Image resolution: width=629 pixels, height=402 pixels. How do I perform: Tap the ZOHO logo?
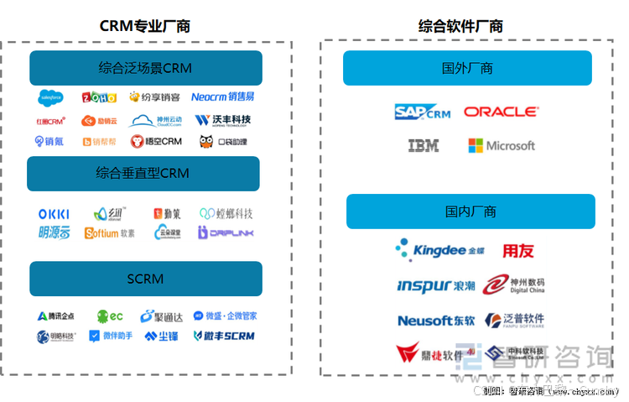[x=99, y=97]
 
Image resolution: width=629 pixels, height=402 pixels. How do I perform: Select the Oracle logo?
[x=501, y=112]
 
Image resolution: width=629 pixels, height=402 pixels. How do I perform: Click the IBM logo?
[x=424, y=145]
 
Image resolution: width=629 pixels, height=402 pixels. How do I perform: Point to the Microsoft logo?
[x=502, y=145]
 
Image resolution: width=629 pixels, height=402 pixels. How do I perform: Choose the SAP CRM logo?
[x=423, y=112]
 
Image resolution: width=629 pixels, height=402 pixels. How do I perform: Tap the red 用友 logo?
[x=517, y=251]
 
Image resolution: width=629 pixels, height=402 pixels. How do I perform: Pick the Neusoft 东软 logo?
[x=435, y=320]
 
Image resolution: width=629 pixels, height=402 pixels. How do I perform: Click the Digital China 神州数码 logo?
[x=513, y=285]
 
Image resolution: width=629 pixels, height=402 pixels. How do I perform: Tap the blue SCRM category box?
[x=145, y=279]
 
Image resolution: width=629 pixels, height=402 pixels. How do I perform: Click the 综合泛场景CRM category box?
[x=145, y=68]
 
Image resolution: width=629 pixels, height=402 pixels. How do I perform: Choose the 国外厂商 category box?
[x=467, y=68]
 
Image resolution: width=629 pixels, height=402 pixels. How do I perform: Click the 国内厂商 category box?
[x=470, y=211]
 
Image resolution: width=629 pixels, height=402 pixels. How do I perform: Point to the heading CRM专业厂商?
[x=145, y=26]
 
